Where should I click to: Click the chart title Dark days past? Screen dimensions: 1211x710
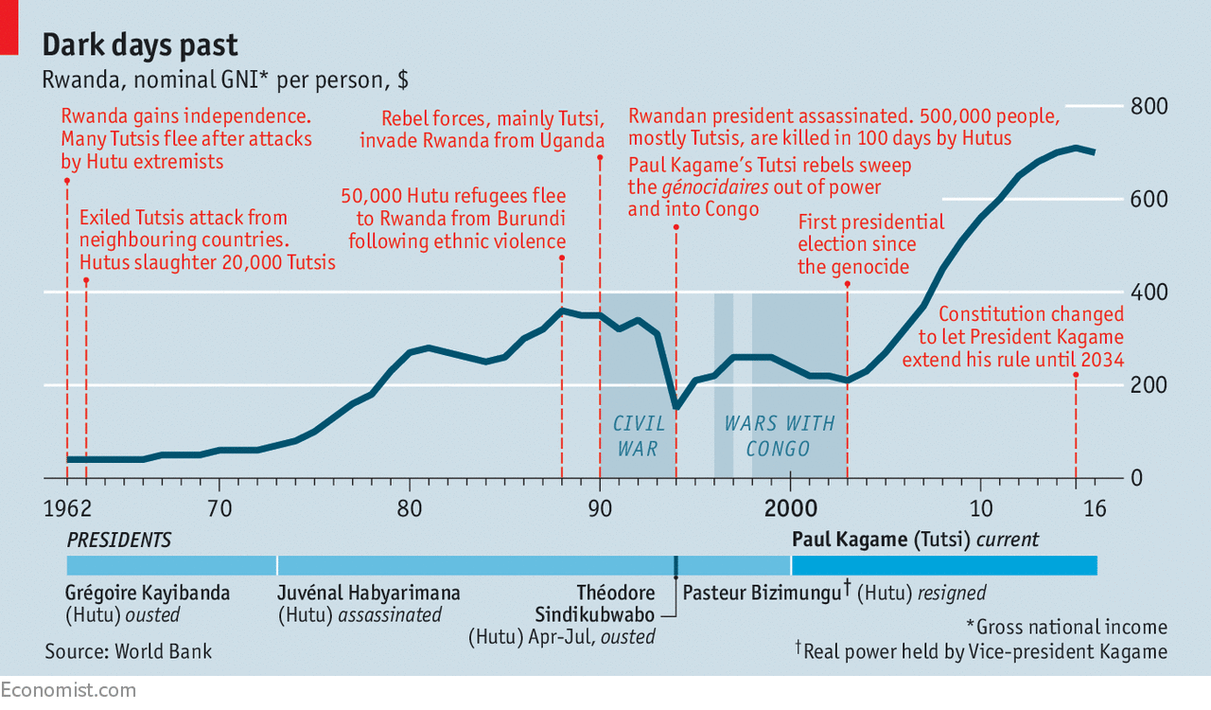pos(140,44)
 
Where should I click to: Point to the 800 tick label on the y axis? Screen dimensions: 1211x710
pos(1149,106)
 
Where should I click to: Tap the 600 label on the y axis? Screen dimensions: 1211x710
pos(1149,199)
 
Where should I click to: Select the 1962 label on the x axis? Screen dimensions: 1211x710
pos(67,508)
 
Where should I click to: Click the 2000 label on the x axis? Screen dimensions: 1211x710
pos(790,508)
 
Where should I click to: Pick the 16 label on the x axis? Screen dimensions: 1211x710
pos(1095,508)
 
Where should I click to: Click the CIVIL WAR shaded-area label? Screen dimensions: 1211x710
pos(639,436)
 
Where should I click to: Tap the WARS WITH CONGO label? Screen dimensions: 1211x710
pos(779,436)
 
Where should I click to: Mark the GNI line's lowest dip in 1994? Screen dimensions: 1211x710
pos(676,406)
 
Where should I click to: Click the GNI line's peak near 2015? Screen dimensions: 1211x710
pos(1076,148)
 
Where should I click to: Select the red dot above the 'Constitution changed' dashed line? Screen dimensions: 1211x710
pos(1076,375)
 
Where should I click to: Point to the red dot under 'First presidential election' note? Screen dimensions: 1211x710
pos(847,284)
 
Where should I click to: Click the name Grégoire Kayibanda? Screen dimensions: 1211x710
pos(148,594)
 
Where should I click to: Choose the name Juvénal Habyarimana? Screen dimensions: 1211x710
pos(369,594)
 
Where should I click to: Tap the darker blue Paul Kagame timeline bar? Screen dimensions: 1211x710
pos(944,565)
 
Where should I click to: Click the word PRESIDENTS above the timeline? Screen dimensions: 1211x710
pos(119,541)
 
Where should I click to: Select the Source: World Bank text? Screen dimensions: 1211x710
pos(128,651)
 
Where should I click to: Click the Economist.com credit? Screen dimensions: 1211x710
pos(68,690)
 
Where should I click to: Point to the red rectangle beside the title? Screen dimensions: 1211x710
pos(9,27)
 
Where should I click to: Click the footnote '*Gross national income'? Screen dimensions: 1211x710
pos(1066,628)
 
